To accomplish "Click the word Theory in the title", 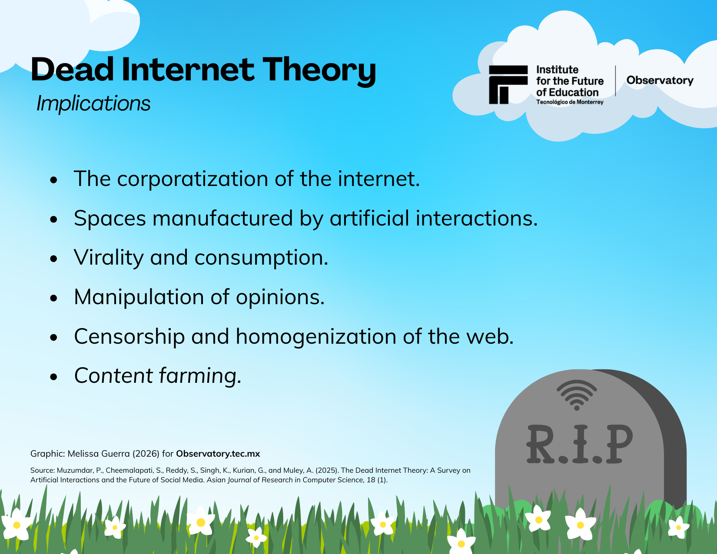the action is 319,70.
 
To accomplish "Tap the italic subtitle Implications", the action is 93,103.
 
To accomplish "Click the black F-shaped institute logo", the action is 508,85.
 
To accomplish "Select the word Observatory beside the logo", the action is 660,80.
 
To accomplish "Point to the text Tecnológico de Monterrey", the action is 570,102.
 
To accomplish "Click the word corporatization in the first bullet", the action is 193,179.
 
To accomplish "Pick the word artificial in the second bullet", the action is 369,218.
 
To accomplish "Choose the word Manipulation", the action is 139,297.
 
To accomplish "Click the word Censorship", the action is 129,337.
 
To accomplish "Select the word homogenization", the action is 316,337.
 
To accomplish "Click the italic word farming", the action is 200,376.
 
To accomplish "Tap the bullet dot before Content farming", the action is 53,377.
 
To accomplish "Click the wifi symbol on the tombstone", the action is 577,395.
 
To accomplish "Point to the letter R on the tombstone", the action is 541,444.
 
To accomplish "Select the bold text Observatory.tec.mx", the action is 218,454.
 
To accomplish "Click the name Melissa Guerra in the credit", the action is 99,454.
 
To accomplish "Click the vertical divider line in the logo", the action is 615,81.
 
